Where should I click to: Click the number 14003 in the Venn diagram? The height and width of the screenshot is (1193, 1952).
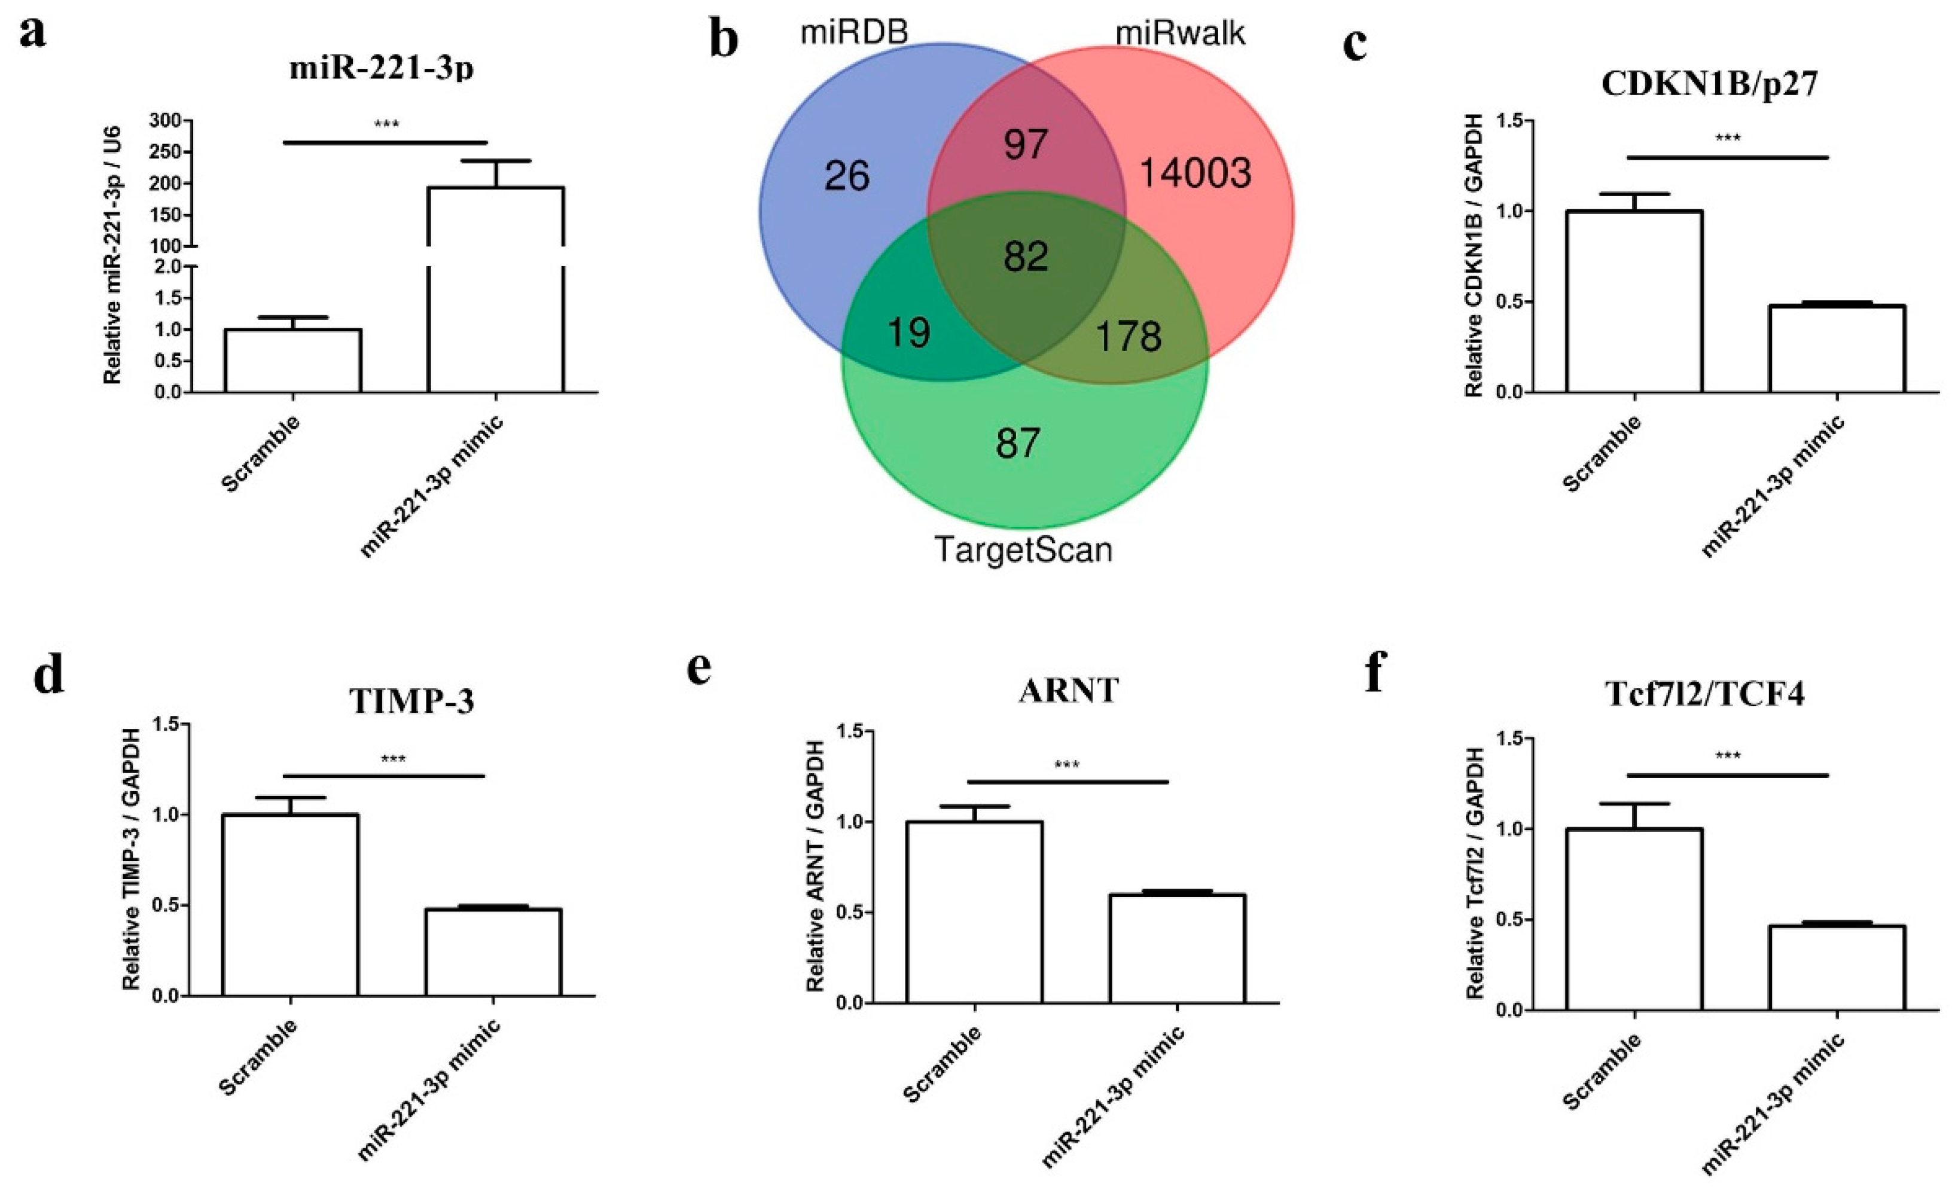[1195, 173]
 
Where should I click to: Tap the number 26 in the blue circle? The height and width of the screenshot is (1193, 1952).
[847, 176]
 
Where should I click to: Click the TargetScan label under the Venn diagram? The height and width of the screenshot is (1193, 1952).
[1023, 549]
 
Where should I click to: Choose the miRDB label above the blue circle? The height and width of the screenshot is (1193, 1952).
[853, 33]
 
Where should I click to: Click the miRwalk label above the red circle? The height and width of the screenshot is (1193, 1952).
[1181, 33]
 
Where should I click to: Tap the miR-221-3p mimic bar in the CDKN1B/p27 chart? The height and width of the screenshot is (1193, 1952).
[1837, 348]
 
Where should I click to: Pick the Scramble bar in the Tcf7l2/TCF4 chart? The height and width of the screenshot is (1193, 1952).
[1634, 919]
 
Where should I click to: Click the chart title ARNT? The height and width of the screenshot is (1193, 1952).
[1068, 691]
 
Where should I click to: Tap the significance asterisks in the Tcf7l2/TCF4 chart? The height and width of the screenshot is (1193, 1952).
[1728, 756]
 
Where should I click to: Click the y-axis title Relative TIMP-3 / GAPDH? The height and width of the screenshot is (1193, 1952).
[132, 859]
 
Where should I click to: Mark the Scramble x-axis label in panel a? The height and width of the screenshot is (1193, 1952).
[261, 454]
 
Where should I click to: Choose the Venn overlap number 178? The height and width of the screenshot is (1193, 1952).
[1128, 336]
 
